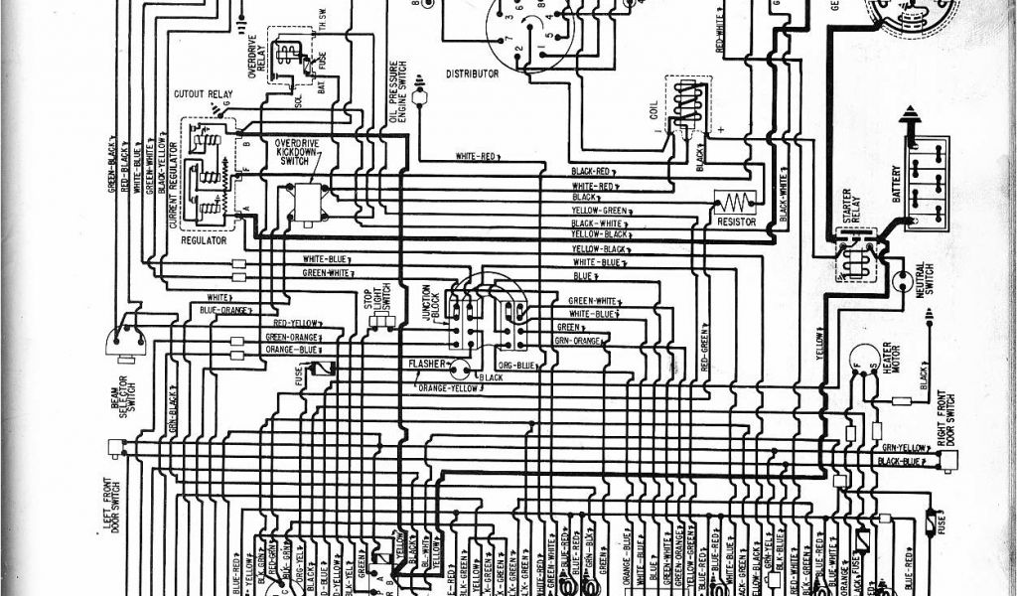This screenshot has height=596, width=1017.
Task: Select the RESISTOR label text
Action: [736, 222]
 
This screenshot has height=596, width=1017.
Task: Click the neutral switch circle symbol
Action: [905, 282]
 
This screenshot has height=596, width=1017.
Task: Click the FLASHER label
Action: [425, 365]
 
